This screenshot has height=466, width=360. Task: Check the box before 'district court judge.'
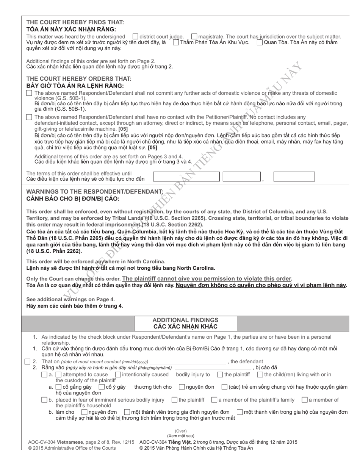(x=135, y=36)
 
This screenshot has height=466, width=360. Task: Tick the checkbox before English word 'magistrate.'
(x=194, y=36)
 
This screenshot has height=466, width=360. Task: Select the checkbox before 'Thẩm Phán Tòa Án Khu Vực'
(x=176, y=42)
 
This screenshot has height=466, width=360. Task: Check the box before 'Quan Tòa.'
(x=260, y=42)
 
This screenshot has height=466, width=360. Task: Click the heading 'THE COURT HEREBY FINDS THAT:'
(x=75, y=22)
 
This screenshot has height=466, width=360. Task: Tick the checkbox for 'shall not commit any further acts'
(x=29, y=93)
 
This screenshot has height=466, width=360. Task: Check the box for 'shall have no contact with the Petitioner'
(x=29, y=117)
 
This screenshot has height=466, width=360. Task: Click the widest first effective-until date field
(x=186, y=177)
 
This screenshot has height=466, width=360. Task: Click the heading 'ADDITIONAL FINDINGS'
(x=185, y=320)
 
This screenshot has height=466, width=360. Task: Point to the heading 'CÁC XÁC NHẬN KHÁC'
(x=185, y=327)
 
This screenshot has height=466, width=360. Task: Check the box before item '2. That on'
(x=27, y=361)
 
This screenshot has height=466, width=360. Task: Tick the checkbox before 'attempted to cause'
(x=44, y=375)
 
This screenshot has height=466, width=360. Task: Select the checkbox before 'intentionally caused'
(x=118, y=375)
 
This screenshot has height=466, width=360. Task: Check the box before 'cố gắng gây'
(x=58, y=387)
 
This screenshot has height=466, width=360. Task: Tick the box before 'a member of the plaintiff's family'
(x=214, y=400)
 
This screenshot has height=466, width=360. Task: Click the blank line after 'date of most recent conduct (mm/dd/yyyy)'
(x=188, y=362)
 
